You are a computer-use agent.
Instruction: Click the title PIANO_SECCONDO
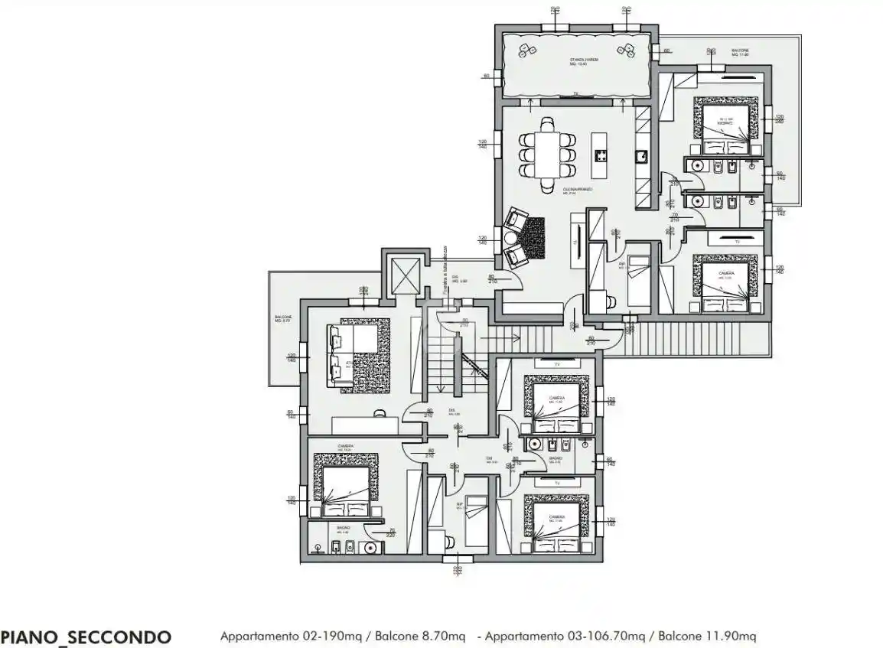[86, 637]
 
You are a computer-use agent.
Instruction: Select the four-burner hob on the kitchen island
[601, 156]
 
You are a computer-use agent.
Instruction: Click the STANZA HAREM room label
[583, 61]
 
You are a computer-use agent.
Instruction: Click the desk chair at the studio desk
[380, 413]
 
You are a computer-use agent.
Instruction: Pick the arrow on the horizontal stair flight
[505, 334]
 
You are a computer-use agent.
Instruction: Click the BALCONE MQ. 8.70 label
[283, 319]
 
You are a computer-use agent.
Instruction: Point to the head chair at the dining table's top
[547, 122]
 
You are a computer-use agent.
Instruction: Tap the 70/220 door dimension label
[391, 532]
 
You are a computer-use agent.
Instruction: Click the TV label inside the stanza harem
[575, 95]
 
